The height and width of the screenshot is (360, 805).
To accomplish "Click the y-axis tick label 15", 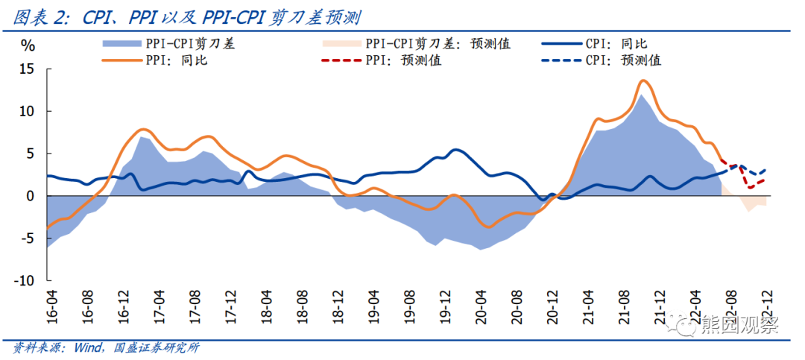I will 26,69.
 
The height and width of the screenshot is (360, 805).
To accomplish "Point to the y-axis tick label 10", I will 26,111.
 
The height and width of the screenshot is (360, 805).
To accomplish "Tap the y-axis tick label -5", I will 26,239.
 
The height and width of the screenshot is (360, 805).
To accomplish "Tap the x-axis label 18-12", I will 339,306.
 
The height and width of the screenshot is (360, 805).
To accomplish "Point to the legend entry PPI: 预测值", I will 403,60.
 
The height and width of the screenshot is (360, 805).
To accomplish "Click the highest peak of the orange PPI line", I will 643,80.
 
